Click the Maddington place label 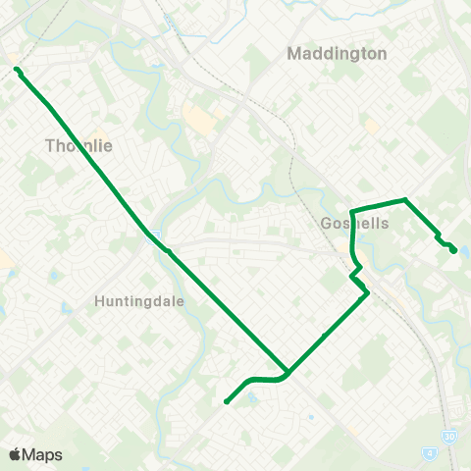337,53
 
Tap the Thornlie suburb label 79,145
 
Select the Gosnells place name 355,224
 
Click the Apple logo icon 15,454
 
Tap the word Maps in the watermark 43,454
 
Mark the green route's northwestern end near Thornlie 17,69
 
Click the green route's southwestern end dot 227,401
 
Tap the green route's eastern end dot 453,250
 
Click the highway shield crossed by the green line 155,236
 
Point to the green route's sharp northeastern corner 405,200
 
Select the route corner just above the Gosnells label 351,210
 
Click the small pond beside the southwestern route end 253,397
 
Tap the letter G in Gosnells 327,224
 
